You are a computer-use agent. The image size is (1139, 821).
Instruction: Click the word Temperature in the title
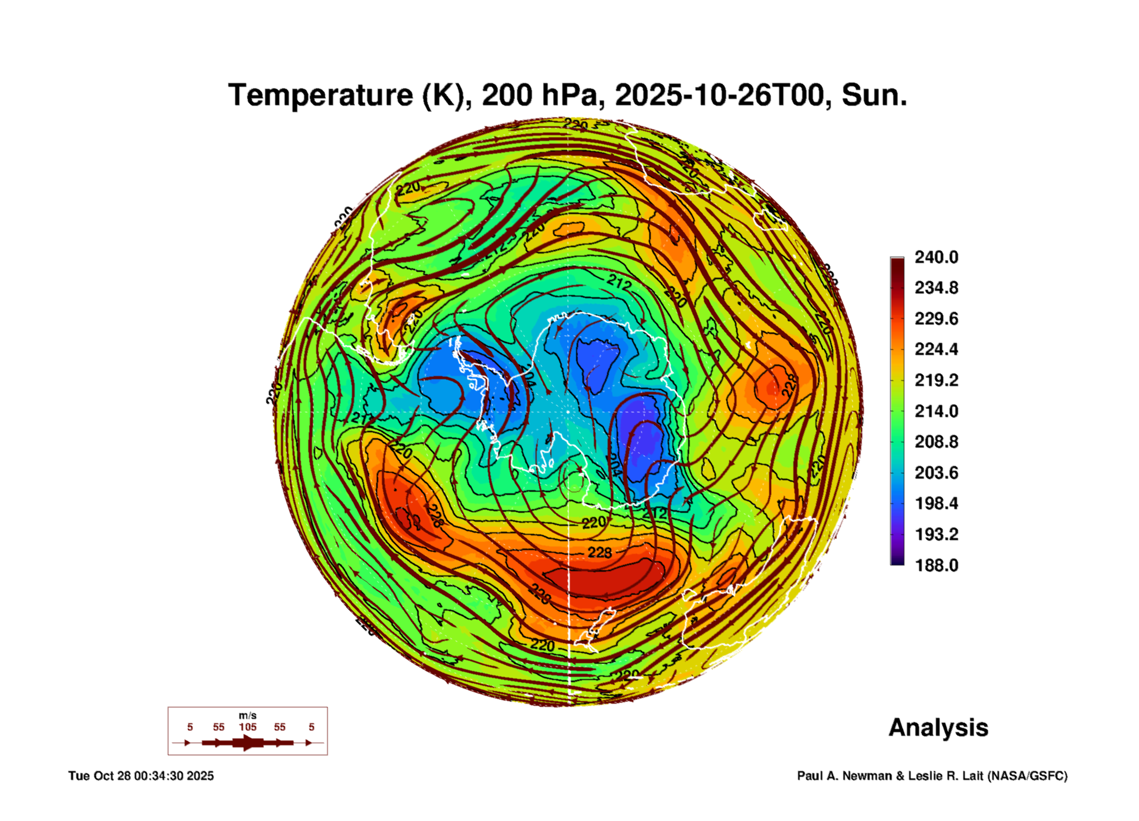click(x=320, y=96)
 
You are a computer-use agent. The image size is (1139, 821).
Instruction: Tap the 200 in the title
click(x=502, y=96)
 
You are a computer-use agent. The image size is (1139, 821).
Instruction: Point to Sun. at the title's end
click(x=874, y=96)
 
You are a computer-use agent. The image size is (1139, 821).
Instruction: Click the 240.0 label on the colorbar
click(x=936, y=257)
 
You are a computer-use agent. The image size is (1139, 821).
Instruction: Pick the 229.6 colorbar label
click(x=936, y=319)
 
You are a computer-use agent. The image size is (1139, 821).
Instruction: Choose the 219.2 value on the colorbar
click(x=936, y=380)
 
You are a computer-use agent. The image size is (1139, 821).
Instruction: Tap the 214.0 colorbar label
click(x=936, y=411)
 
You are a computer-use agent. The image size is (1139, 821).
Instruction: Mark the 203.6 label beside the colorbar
click(x=936, y=473)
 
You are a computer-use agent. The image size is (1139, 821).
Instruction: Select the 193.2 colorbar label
click(x=936, y=534)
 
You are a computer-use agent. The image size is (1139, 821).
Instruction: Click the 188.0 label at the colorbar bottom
click(x=936, y=565)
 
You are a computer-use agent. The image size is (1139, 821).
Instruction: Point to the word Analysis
click(x=938, y=728)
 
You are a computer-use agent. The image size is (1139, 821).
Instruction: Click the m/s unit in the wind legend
click(x=248, y=716)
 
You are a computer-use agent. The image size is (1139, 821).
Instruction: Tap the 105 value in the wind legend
click(x=248, y=727)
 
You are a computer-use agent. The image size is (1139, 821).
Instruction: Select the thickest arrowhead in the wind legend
click(x=247, y=743)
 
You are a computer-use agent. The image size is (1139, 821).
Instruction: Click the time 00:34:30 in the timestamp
click(x=158, y=776)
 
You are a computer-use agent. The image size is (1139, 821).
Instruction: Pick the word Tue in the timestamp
click(x=78, y=776)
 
